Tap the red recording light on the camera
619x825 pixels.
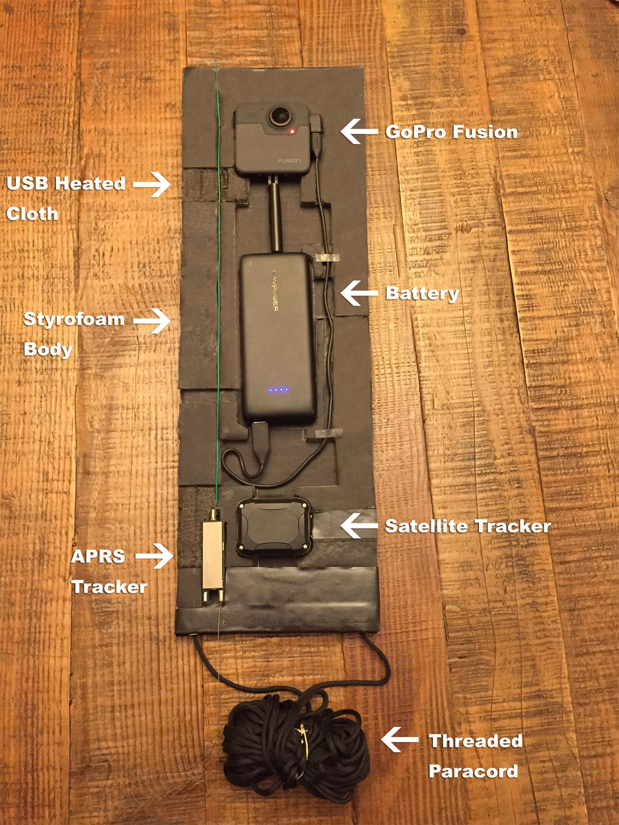(292, 131)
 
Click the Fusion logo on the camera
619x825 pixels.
(289, 160)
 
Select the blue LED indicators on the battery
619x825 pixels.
(279, 389)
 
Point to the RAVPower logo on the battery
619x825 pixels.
(274, 290)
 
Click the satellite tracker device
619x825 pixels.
(274, 527)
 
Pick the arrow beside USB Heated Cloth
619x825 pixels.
(152, 184)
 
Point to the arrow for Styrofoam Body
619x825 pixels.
(152, 320)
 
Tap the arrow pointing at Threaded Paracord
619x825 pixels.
(399, 739)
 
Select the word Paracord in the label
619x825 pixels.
(473, 771)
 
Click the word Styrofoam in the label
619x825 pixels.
(74, 319)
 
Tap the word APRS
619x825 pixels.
(98, 557)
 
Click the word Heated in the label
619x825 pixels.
(90, 183)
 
